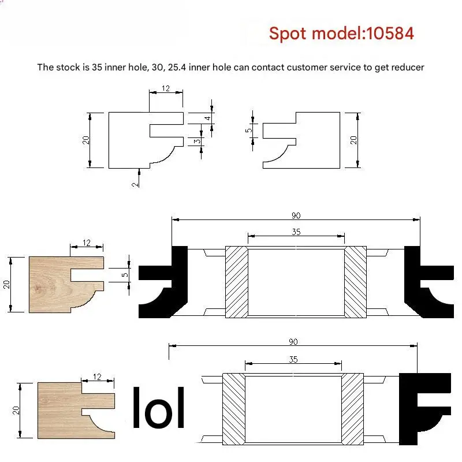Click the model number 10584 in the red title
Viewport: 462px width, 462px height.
click(x=389, y=33)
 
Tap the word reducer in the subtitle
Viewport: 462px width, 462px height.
click(x=408, y=67)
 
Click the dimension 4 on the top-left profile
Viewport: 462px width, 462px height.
click(x=208, y=118)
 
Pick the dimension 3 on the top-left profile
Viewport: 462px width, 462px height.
click(x=197, y=141)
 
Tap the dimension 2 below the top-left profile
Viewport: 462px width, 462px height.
click(x=135, y=184)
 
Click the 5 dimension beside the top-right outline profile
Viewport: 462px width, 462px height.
click(x=249, y=130)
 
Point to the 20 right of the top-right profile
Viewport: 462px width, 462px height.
click(x=353, y=140)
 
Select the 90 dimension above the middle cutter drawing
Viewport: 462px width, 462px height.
click(x=296, y=215)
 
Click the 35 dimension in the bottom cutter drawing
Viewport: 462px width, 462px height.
click(x=293, y=359)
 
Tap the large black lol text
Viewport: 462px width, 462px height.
click(x=158, y=408)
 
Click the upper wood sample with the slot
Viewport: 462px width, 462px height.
click(x=66, y=285)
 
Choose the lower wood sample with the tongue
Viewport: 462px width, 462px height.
click(x=76, y=411)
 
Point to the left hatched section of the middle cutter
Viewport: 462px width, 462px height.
click(x=237, y=282)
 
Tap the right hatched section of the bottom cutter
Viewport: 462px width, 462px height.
click(x=352, y=409)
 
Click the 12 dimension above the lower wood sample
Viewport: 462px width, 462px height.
click(x=97, y=377)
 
